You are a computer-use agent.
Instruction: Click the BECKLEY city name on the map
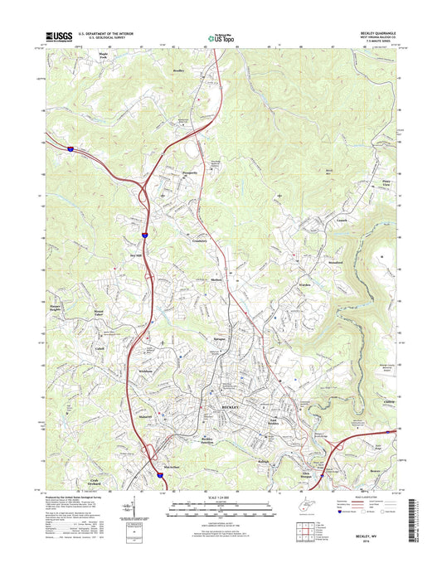point(229,408)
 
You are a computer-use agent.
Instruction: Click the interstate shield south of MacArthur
point(160,475)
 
